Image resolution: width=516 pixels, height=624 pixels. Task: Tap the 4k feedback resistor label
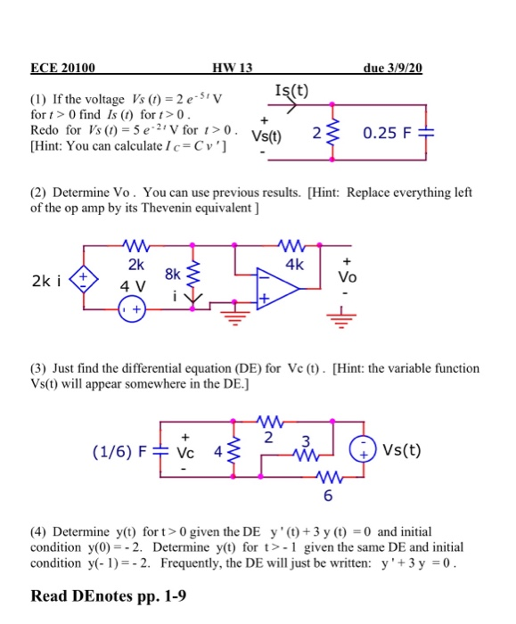295,264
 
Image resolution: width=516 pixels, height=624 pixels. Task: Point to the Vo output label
348,277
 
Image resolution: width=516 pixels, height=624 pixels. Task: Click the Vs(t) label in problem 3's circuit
405,451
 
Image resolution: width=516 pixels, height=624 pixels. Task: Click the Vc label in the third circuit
185,452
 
